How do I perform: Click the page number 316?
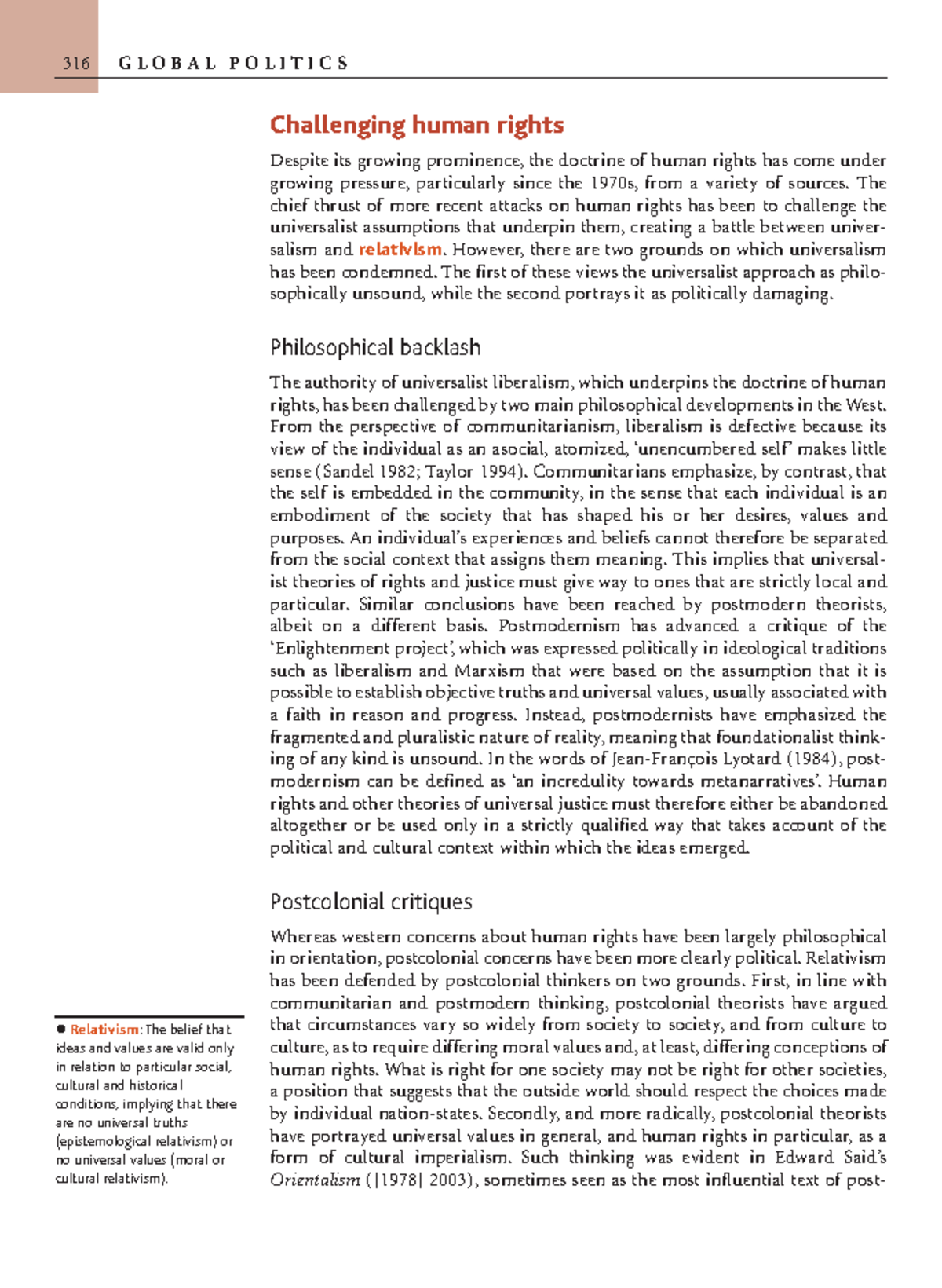click(x=76, y=64)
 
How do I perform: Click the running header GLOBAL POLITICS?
click(x=233, y=64)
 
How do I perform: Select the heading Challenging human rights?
click(x=416, y=125)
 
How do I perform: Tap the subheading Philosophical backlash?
click(x=374, y=347)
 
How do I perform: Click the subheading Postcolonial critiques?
click(x=371, y=901)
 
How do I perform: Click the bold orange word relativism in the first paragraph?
click(x=400, y=250)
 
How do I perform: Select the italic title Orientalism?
click(x=314, y=1180)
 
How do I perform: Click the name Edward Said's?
click(x=830, y=1158)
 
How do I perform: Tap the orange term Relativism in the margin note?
click(x=104, y=1030)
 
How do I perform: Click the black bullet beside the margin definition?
click(x=60, y=1029)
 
